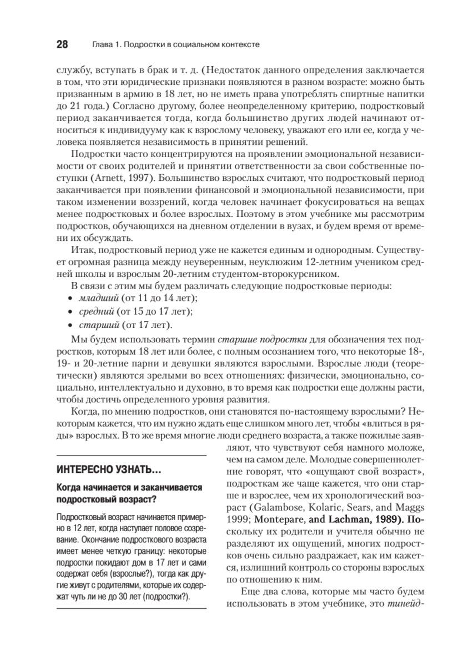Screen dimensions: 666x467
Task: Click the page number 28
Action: (62, 44)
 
